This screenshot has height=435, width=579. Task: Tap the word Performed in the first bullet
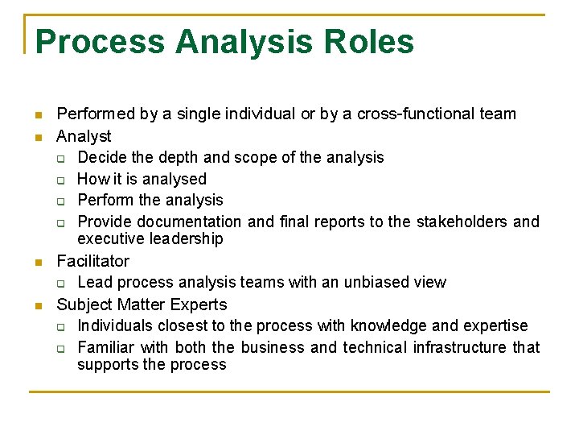96,114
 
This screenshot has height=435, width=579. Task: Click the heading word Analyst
84,136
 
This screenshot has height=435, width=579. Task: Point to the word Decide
102,157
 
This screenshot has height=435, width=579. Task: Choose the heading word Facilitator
92,261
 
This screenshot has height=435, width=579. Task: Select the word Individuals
115,325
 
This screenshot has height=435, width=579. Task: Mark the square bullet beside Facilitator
39,263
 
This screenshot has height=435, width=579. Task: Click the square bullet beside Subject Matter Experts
39,306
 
